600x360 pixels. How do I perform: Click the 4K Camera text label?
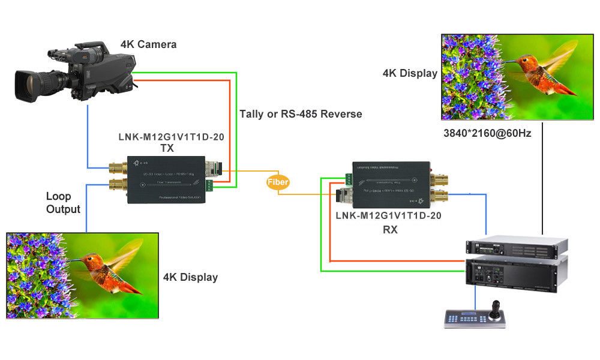[x=148, y=44]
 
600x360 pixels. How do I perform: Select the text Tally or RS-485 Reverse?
[x=301, y=114]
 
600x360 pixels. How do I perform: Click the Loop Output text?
[x=63, y=203]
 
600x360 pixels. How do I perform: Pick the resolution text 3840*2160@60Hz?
[x=487, y=133]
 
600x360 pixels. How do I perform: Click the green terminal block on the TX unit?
[x=209, y=185]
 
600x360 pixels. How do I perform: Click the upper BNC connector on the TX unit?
[x=117, y=166]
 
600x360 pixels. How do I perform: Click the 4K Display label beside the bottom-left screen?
[x=190, y=277]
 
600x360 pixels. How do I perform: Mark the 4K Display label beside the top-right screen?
[x=410, y=73]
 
